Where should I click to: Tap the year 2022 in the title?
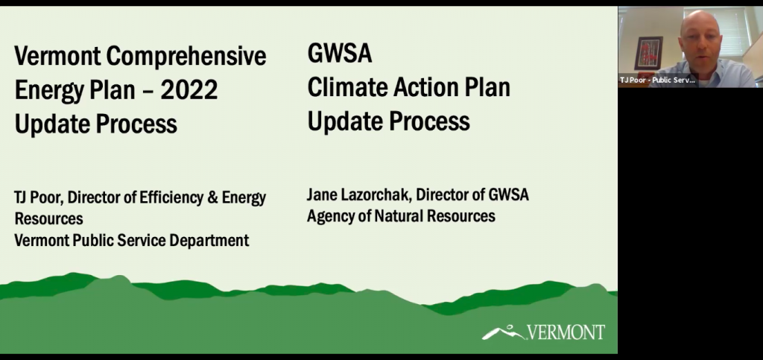[189, 90]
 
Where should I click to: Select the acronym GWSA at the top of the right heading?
[340, 53]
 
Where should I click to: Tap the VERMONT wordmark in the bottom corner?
[566, 332]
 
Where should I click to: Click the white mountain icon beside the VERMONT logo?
[503, 332]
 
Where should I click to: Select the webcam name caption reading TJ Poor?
[657, 80]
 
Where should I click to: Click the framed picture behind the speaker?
[648, 53]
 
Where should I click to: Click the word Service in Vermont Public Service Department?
[141, 240]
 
